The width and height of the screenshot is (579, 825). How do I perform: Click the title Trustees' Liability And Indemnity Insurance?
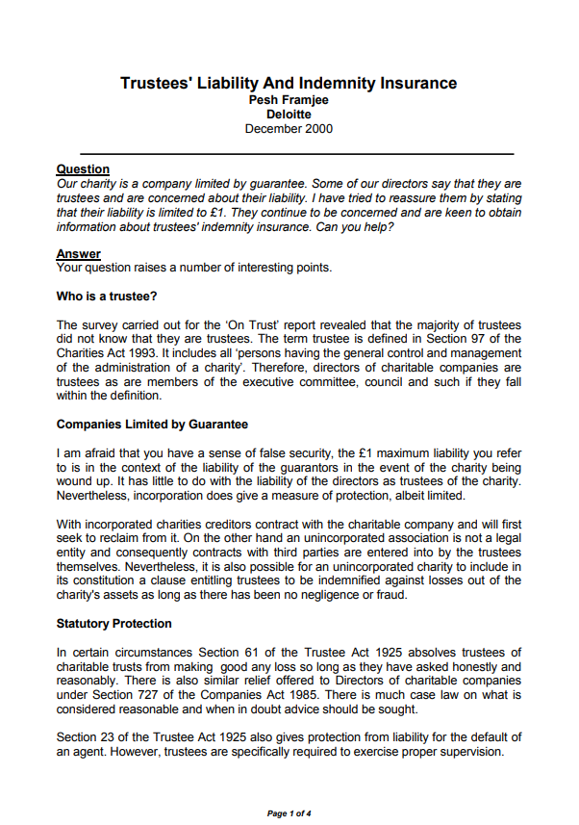[x=289, y=84]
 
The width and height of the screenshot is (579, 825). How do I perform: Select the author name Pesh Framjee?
[x=289, y=99]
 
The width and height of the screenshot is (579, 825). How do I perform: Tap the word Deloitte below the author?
[x=289, y=114]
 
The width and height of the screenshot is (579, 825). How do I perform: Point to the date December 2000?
[x=289, y=128]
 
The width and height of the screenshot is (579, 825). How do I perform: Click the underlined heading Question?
[x=83, y=169]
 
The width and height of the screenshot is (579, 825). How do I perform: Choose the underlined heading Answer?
[x=79, y=254]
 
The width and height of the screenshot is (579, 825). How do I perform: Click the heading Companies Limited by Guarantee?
[x=152, y=425]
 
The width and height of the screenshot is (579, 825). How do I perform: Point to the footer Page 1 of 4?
[x=289, y=813]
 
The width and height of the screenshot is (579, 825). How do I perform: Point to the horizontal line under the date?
[x=296, y=153]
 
